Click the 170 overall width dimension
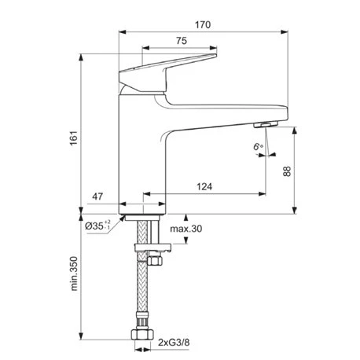[202, 25]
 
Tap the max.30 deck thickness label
[186, 228]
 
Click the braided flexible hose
[142, 291]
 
